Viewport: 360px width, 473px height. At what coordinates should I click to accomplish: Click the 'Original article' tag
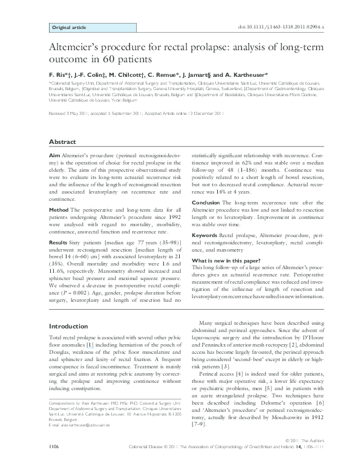tap(68, 28)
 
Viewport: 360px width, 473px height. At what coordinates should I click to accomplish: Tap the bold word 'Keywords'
tap(205, 233)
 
